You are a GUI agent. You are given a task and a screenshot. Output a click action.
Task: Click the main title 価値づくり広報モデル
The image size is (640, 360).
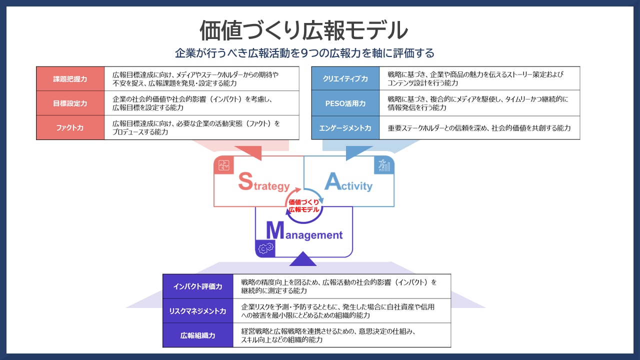click(303, 30)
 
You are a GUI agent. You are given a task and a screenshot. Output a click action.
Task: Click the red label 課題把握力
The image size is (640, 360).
click(70, 79)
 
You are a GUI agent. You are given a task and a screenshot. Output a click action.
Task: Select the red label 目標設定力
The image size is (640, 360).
click(70, 103)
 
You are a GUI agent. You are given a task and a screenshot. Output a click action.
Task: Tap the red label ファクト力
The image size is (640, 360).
click(70, 127)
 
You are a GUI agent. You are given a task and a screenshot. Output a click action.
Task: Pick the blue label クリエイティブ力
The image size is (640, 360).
click(345, 78)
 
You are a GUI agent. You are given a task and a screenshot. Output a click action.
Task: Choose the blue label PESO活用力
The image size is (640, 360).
click(345, 103)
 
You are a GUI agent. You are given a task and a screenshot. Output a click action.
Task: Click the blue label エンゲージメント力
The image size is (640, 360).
click(345, 127)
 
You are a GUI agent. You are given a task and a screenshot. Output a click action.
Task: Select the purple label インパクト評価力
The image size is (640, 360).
click(197, 286)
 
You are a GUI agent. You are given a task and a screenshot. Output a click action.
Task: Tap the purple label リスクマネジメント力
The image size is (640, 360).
click(197, 311)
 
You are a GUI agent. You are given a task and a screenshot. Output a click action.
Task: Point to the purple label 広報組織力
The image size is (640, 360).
click(197, 335)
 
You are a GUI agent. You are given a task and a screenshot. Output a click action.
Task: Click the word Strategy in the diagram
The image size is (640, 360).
click(264, 182)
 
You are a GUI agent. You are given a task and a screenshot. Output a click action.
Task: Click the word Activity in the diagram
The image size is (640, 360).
click(348, 182)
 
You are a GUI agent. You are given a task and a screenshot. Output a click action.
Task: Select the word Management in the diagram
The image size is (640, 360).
click(304, 231)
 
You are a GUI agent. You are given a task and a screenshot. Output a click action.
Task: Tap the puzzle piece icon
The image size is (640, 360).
click(223, 165)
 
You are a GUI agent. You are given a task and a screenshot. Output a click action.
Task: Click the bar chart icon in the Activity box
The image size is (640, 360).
click(384, 165)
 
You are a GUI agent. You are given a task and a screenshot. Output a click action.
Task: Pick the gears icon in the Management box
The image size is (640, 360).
click(265, 248)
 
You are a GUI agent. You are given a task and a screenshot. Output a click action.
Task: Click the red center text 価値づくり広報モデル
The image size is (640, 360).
click(303, 205)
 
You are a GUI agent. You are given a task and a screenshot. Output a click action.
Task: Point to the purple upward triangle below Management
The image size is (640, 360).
click(303, 259)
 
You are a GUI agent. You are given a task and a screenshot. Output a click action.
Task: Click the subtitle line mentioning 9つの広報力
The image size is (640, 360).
click(304, 53)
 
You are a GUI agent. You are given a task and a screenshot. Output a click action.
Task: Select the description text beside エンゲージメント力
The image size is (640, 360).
click(479, 128)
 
